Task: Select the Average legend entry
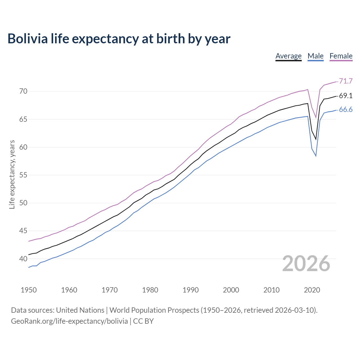288,56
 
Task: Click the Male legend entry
316,56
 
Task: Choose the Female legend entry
341,56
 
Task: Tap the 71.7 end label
346,81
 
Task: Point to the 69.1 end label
346,96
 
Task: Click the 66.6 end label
346,110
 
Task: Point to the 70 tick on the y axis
23,91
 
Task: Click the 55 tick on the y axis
23,175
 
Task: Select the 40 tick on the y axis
23,259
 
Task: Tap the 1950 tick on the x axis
29,290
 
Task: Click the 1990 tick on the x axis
190,290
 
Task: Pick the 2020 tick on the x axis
312,290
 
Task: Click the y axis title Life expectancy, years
12,175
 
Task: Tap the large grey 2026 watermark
306,264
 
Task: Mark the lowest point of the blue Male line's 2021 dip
316,156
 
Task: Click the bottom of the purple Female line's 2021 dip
316,118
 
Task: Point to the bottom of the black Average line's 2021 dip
316,139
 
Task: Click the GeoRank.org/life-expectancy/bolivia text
69,321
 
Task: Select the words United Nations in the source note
80,310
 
